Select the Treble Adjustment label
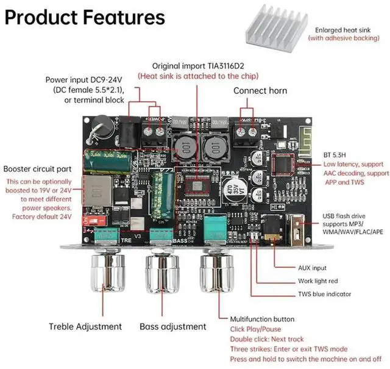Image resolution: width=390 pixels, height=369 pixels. coord(85,327)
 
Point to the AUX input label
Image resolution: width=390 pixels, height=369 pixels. coord(313,268)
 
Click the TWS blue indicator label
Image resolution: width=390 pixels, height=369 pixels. coord(324,294)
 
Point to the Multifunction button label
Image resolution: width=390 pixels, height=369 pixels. coord(262,319)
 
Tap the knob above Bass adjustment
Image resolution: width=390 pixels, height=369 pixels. coord(161,271)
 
